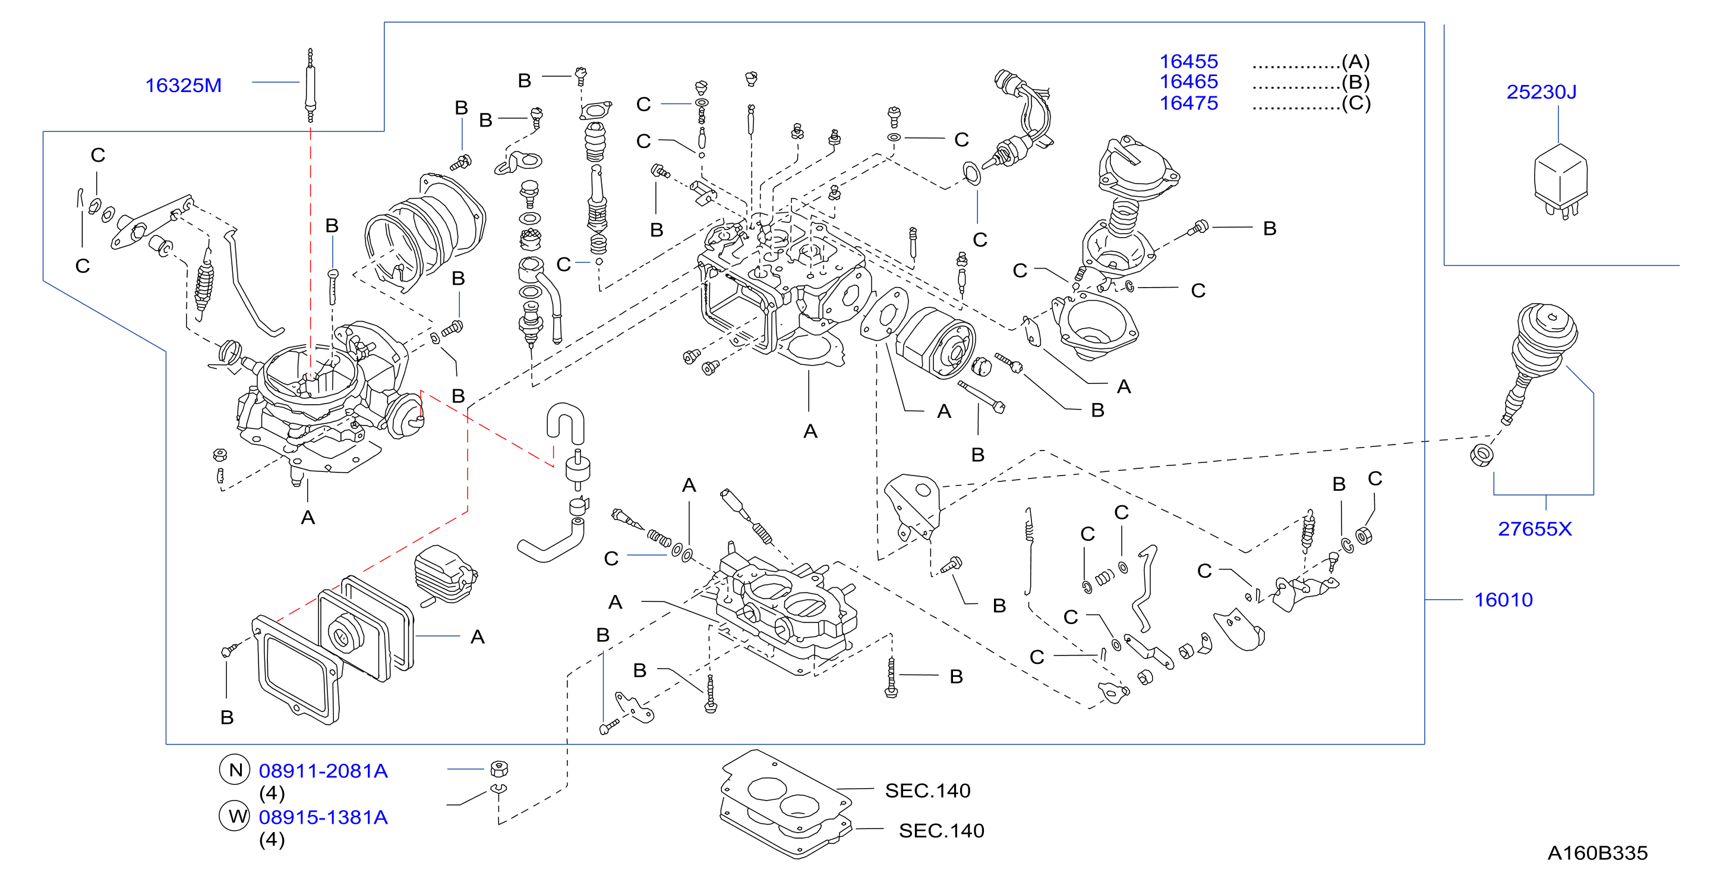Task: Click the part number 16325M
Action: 183,86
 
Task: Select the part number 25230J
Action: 1541,92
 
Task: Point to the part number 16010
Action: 1504,600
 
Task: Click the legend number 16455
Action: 1189,62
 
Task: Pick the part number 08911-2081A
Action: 323,771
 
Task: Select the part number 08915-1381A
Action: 323,817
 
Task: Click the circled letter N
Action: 235,770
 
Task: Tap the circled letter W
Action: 235,817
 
